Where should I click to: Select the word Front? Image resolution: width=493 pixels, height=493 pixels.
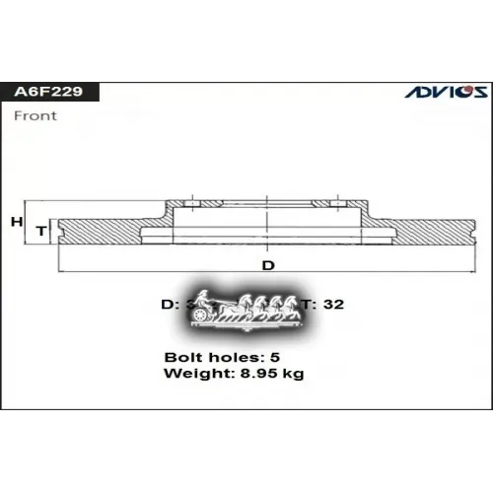[35, 115]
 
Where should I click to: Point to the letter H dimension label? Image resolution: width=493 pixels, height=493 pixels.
[17, 223]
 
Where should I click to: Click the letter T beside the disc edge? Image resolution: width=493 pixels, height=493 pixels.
[40, 230]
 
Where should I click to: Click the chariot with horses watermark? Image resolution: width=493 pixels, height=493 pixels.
[246, 307]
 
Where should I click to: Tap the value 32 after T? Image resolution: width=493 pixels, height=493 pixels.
[333, 305]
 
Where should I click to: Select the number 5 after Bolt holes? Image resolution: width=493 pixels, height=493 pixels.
[276, 357]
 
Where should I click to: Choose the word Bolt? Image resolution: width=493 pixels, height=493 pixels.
[182, 357]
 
